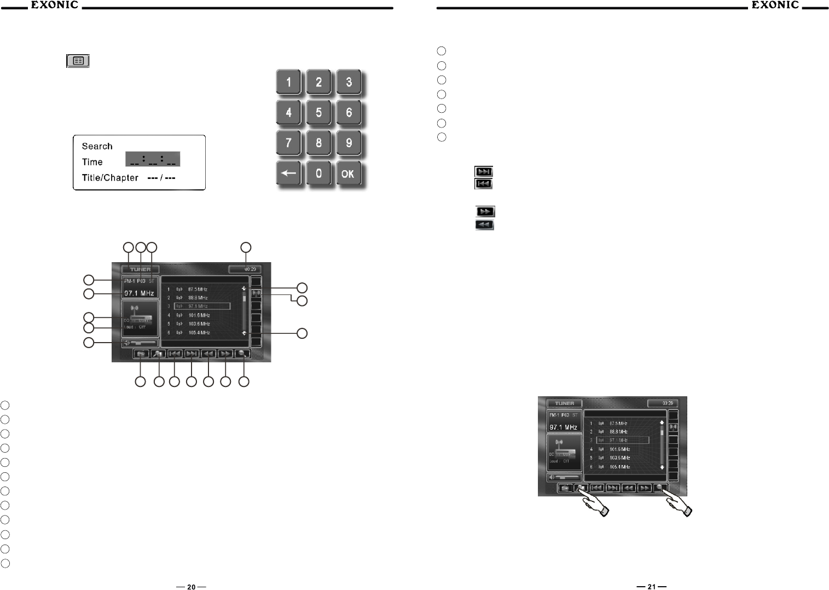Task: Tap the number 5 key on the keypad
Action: point(318,113)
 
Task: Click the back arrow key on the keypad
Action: point(289,175)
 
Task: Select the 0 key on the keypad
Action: point(318,175)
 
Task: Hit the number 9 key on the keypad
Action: point(348,144)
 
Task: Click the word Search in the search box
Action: point(97,146)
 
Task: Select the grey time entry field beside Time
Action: point(153,159)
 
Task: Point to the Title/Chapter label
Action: point(110,178)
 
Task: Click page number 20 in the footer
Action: point(191,587)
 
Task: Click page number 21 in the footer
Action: point(651,587)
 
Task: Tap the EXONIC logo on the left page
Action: point(54,5)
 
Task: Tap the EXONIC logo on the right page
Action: point(775,5)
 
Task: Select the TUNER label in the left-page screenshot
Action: point(141,269)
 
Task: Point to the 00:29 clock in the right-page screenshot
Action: point(663,403)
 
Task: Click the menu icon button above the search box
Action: point(78,61)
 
